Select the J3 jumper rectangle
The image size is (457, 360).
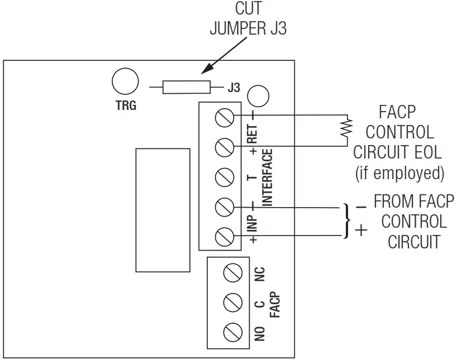pos(187,87)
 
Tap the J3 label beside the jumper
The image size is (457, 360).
pos(234,88)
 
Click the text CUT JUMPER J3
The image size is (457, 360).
pos(248,20)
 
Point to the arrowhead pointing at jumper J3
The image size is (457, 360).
pos(204,71)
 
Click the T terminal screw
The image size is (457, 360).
pos(224,177)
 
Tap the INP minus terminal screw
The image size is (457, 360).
pos(224,207)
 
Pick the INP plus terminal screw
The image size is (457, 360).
pos(224,236)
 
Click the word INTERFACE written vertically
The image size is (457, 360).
pos(268,177)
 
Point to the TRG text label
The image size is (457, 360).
pos(126,105)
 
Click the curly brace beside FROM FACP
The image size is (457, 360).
pos(347,221)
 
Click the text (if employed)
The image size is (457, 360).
pos(399,173)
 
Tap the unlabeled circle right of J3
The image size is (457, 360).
pos(258,95)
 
